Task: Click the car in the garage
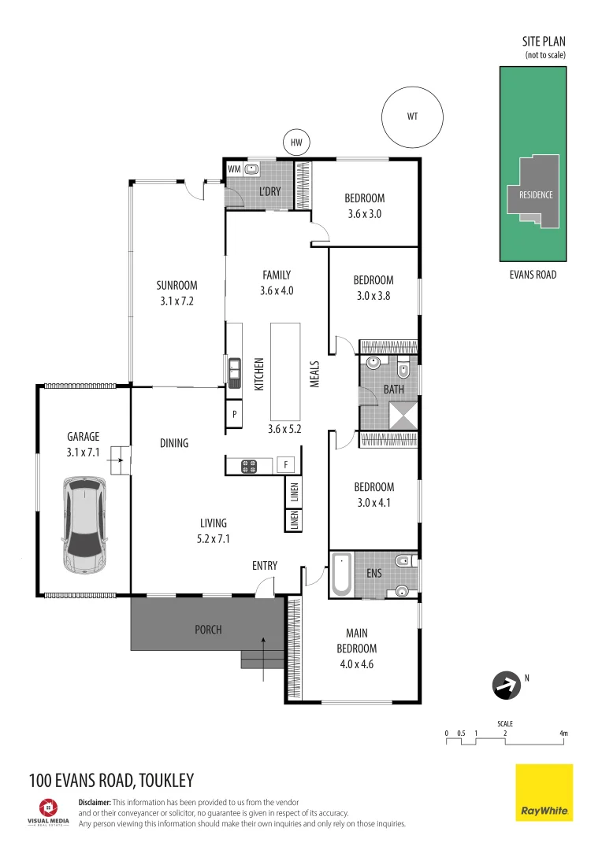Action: (x=83, y=525)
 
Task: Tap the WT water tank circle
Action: (x=411, y=116)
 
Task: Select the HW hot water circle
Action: (x=296, y=142)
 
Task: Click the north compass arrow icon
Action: (x=505, y=686)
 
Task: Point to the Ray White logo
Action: (x=544, y=793)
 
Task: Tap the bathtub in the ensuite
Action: (x=342, y=574)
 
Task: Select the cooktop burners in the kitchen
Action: (x=249, y=465)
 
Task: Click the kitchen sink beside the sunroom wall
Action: (x=234, y=368)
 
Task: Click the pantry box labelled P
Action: (x=234, y=414)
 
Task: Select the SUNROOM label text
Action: (x=176, y=286)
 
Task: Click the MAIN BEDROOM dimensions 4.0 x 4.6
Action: (x=361, y=663)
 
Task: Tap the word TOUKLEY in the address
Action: (x=165, y=781)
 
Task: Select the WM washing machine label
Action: (x=234, y=168)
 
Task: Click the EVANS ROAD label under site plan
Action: (x=533, y=275)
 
